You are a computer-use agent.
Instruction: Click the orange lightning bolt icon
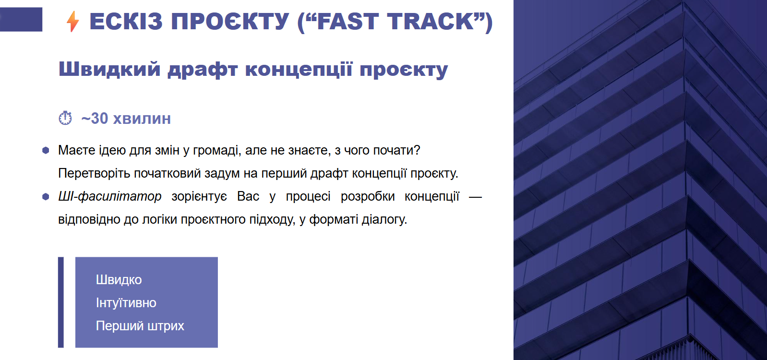[72, 21]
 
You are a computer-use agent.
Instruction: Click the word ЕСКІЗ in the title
[126, 21]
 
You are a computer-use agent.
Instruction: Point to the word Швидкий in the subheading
[109, 69]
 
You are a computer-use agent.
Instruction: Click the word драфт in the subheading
[203, 70]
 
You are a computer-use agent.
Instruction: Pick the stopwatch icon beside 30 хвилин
[65, 118]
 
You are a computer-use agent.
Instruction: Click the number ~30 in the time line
[95, 119]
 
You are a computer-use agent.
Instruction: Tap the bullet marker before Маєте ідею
[46, 150]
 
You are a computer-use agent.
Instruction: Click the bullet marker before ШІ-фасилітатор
[46, 197]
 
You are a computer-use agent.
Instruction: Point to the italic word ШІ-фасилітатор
[109, 197]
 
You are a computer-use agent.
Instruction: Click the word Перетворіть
[94, 174]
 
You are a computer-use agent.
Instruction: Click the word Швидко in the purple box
[119, 280]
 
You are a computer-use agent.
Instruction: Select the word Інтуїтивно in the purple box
[126, 303]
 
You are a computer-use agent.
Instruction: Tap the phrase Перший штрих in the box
[140, 326]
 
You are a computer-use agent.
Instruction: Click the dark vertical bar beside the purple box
[61, 302]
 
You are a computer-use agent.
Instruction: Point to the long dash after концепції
[475, 197]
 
